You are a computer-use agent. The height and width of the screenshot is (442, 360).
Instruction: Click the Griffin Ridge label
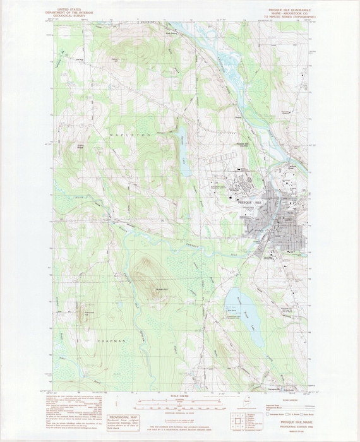81,148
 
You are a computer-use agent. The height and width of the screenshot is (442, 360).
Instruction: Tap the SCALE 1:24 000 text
179,397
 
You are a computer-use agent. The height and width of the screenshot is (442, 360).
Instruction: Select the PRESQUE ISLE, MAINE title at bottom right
279,426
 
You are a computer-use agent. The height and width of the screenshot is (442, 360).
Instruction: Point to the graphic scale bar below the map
179,404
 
